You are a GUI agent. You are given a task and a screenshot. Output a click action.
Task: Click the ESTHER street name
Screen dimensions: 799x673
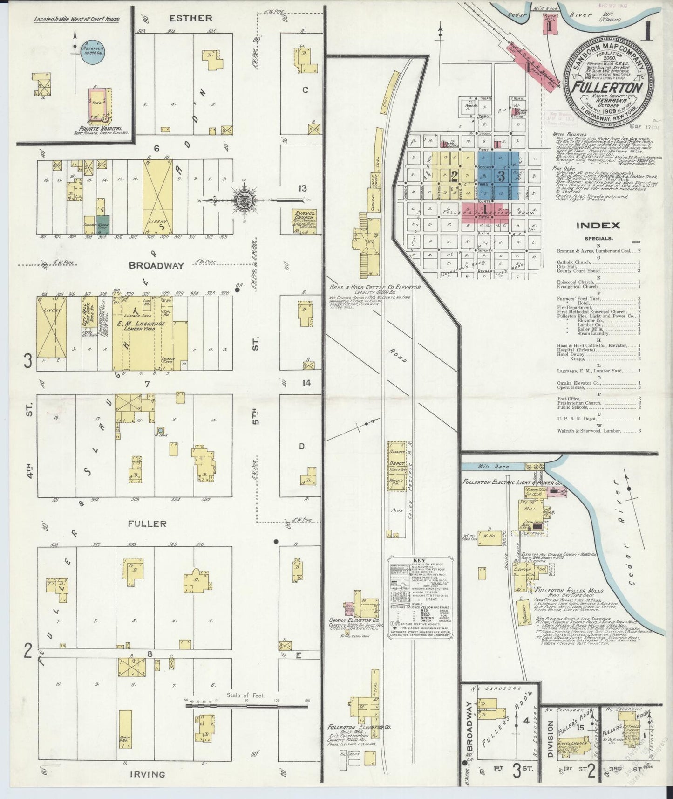[x=190, y=19]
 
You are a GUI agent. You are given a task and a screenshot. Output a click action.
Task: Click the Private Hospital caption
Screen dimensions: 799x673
[x=100, y=128]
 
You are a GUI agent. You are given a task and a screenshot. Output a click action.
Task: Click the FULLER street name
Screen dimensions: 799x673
[x=147, y=523]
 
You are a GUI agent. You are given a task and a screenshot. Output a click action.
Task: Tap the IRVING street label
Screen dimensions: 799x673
[x=147, y=774]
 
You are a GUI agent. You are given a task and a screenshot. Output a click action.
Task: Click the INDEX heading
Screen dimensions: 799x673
[x=598, y=226]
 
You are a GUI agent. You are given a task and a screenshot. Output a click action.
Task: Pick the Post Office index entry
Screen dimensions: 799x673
[x=569, y=399]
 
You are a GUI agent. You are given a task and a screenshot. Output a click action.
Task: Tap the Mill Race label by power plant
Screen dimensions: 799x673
[x=493, y=466]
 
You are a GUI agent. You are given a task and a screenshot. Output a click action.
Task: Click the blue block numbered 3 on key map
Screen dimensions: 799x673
[x=501, y=176]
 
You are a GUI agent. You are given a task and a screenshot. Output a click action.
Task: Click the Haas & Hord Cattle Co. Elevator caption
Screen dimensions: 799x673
[x=374, y=288]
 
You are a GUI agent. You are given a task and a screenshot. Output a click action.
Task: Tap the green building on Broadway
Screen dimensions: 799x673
[x=103, y=222]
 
